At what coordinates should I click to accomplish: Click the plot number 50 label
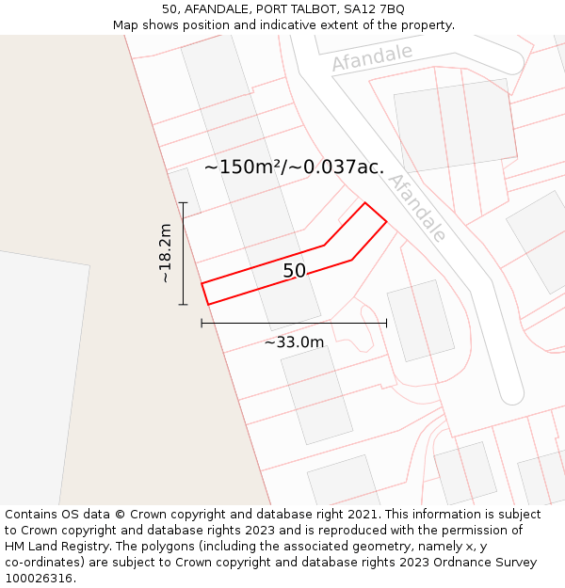coord(294,271)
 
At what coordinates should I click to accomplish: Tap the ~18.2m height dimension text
coord(165,253)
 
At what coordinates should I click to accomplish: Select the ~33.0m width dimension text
coord(294,342)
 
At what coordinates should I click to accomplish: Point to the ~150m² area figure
coord(243,167)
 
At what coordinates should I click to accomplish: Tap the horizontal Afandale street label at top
coord(372,57)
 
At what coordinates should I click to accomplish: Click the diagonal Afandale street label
coord(417,208)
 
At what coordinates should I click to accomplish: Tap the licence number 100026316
coord(39,579)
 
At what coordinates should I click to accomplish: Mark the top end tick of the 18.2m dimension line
coord(183,202)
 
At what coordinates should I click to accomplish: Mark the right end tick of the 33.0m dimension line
coord(386,324)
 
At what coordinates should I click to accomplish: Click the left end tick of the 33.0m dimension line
coord(202,324)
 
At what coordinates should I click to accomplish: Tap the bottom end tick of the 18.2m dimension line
coord(183,305)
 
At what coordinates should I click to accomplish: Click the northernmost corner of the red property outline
coord(365,202)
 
